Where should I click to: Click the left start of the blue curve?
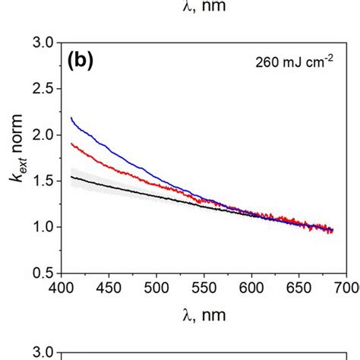point(71,118)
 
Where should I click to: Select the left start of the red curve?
point(71,143)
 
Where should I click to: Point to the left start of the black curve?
point(71,177)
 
